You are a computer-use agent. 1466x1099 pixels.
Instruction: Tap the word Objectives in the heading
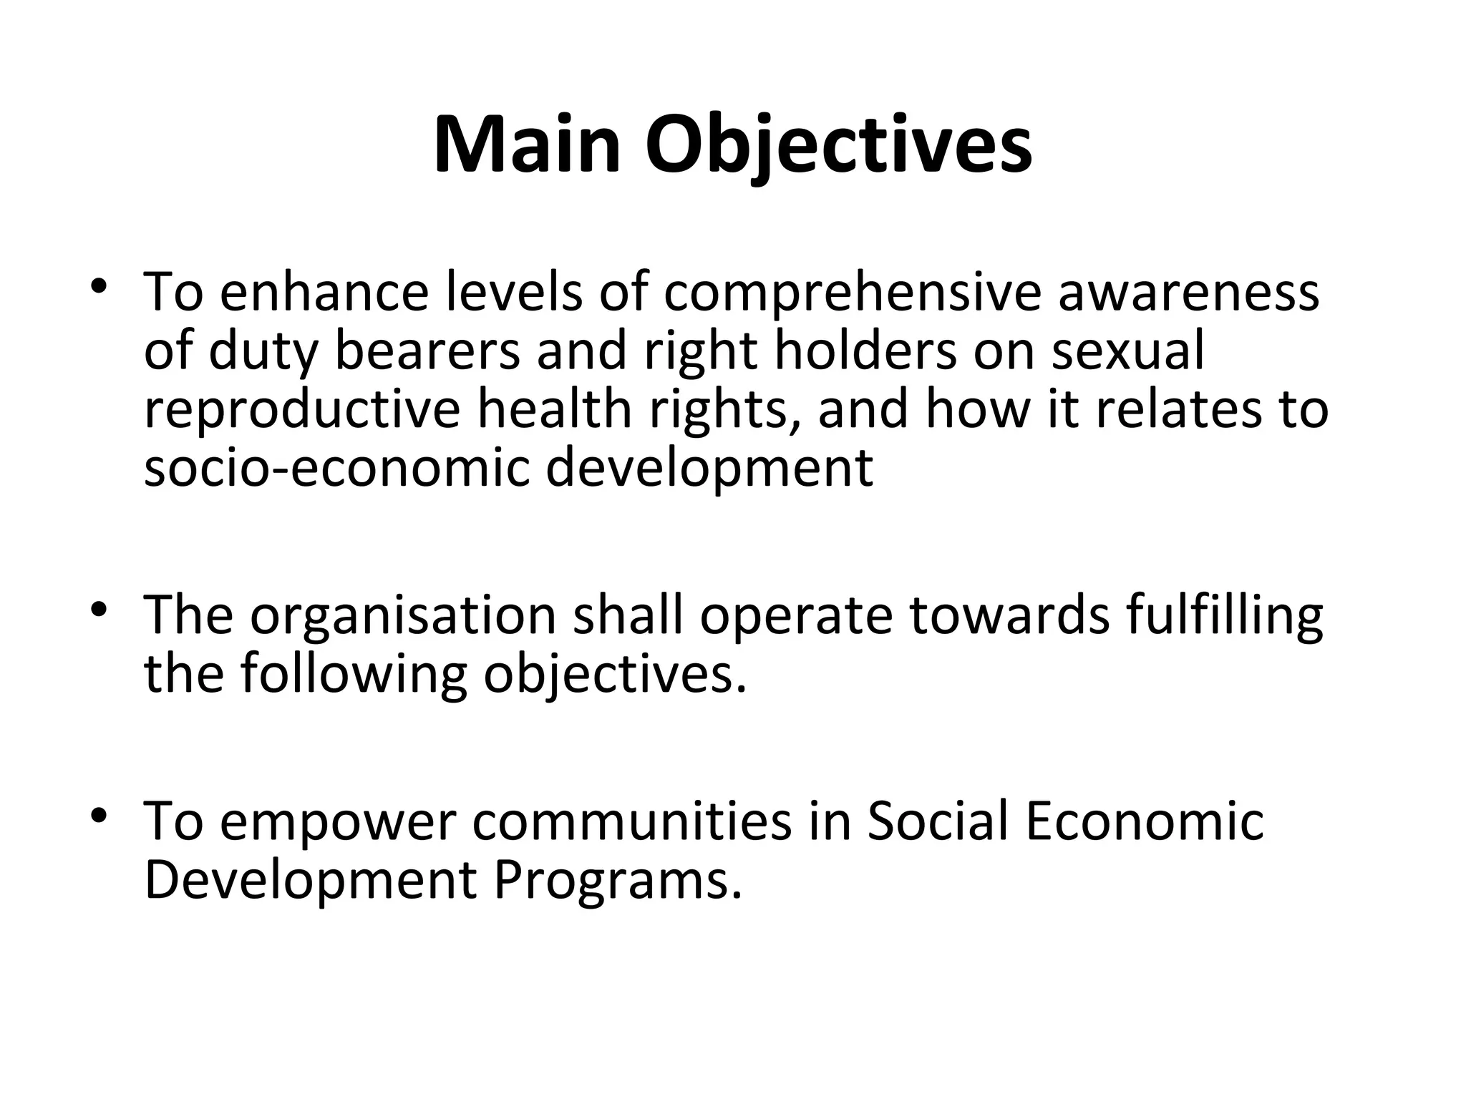838,146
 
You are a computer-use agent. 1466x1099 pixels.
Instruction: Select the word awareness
1188,293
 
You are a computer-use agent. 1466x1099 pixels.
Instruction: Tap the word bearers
427,351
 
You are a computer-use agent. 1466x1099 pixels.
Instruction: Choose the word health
555,410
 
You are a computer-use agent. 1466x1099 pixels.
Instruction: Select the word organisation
403,616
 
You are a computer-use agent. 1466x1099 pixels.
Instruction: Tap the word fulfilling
1224,616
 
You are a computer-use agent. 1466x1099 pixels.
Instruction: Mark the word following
354,675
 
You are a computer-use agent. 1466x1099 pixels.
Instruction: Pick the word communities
632,822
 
